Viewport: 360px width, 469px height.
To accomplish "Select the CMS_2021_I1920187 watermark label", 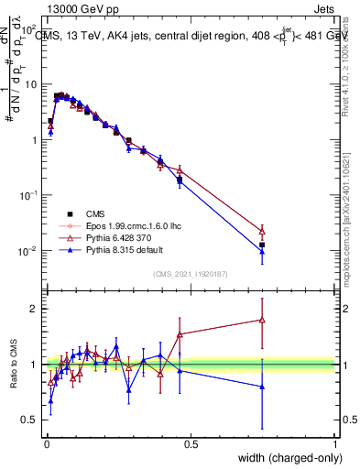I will (x=190, y=273).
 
